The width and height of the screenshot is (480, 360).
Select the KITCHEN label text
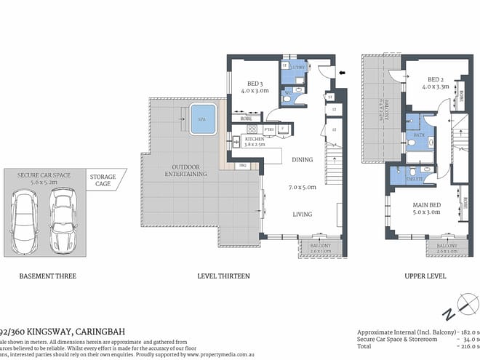tap(253, 138)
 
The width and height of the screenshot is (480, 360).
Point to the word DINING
tap(302, 159)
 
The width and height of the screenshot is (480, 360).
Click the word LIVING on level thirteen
tap(302, 214)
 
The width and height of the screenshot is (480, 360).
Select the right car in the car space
tap(60, 219)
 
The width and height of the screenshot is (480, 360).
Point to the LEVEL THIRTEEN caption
tap(223, 276)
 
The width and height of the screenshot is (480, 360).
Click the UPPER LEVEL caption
tap(423, 276)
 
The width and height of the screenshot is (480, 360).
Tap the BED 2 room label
tap(436, 79)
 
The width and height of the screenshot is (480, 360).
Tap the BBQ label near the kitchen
tap(244, 166)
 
